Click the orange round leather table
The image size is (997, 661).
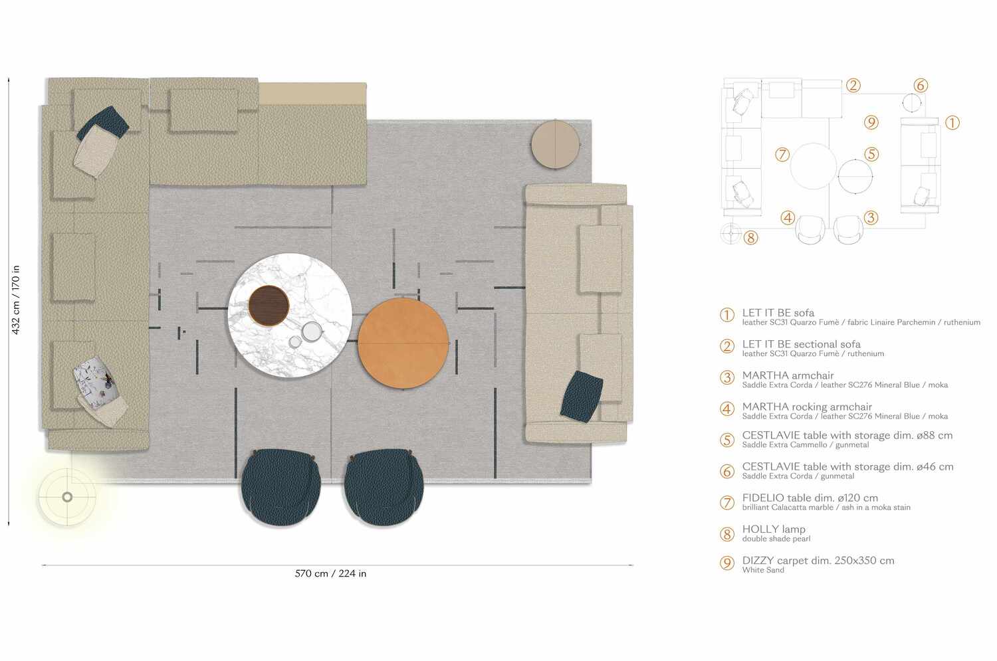[x=403, y=343]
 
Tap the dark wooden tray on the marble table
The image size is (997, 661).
[x=269, y=306]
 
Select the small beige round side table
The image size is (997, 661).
[x=555, y=145]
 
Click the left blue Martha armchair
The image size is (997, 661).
[x=281, y=487]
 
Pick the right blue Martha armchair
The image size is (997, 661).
[x=384, y=487]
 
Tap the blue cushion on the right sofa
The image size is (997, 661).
[x=582, y=396]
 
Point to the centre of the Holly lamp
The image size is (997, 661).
[x=67, y=497]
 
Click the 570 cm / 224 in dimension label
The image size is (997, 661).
[x=331, y=574]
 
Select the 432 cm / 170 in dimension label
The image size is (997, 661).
[x=15, y=300]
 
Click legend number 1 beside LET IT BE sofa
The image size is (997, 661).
[x=727, y=316]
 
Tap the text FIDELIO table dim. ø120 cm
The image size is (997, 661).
[x=810, y=498]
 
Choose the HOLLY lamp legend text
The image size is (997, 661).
[x=774, y=529]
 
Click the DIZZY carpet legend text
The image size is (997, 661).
[x=818, y=561]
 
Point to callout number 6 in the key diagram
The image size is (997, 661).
[x=921, y=85]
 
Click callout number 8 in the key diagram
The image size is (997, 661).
[x=750, y=238]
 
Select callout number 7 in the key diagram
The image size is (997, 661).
[x=782, y=154]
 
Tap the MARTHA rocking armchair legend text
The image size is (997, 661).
[x=807, y=407]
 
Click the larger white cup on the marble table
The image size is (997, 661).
[x=312, y=332]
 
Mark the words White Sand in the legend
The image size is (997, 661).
[x=763, y=570]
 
